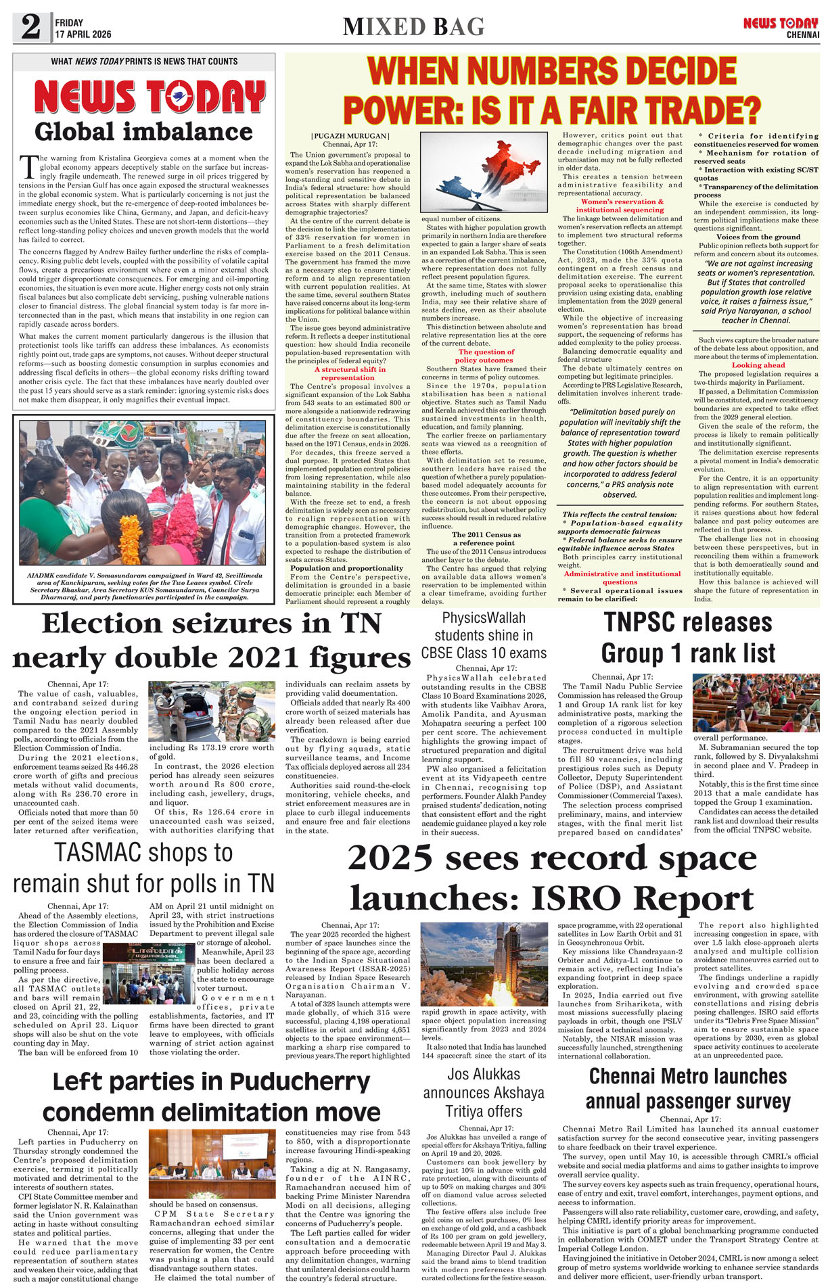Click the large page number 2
(x=30, y=27)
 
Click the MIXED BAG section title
(x=413, y=27)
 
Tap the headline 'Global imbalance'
(x=143, y=131)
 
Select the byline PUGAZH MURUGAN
(x=350, y=136)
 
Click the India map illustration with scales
(x=483, y=172)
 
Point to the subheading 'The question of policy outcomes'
(x=486, y=356)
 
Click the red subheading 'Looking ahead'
(x=758, y=365)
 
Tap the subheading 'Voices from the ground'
(x=758, y=237)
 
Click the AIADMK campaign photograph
(x=143, y=492)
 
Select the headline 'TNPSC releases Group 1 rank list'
(x=688, y=637)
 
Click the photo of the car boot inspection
(x=212, y=711)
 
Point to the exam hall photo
(x=756, y=703)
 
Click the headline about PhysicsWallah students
(x=483, y=635)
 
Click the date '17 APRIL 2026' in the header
(x=83, y=34)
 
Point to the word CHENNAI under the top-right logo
(x=802, y=34)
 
